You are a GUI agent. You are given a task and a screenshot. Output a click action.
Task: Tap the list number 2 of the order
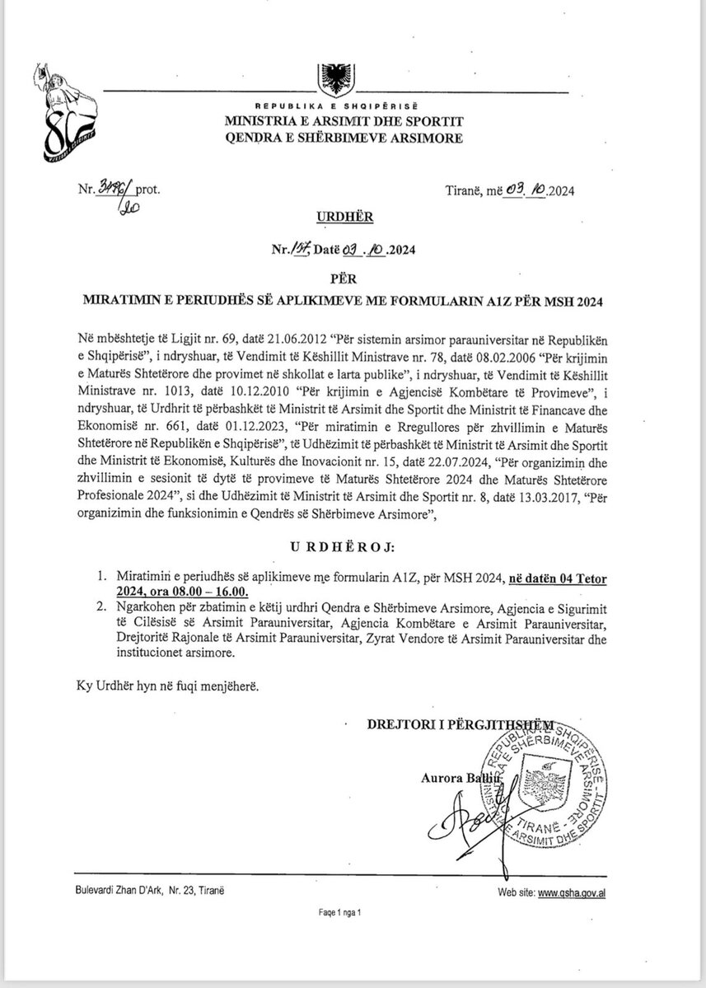tap(100, 608)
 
